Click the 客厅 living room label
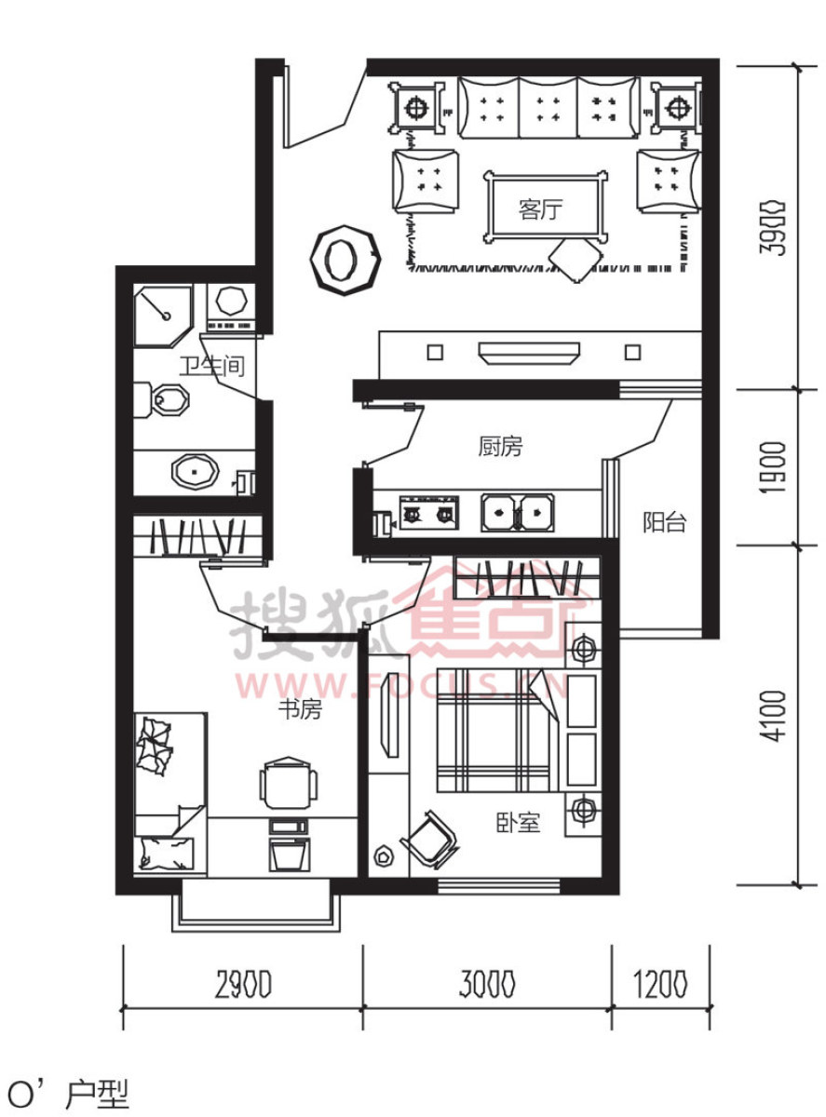pos(540,209)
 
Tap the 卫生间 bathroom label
pos(211,366)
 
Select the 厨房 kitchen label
pos(500,447)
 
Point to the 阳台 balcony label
pos(664,522)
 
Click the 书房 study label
pos(301,710)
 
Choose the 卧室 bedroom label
pos(518,822)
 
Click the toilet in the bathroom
pos(161,400)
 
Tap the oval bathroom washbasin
pos(195,471)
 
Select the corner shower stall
pos(163,316)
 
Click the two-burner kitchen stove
pos(429,513)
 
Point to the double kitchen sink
pos(517,513)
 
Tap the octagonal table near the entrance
pos(345,260)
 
